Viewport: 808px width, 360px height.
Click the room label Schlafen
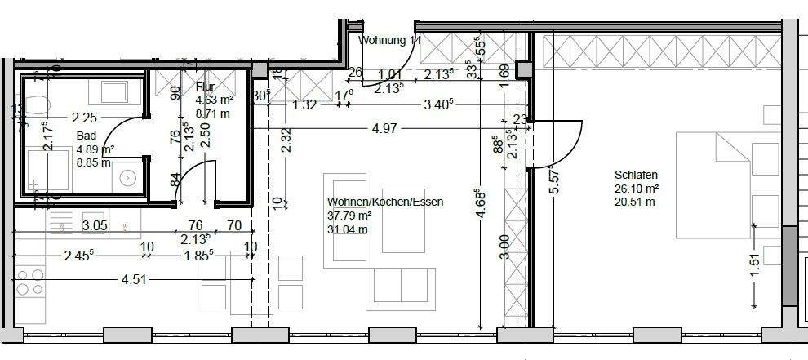pyautogui.click(x=636, y=175)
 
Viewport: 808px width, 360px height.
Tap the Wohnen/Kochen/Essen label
pyautogui.click(x=384, y=202)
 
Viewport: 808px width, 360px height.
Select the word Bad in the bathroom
pyautogui.click(x=87, y=136)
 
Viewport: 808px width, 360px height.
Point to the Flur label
pyautogui.click(x=205, y=88)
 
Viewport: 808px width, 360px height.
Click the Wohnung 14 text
pyautogui.click(x=390, y=40)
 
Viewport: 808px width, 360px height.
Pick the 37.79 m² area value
pyautogui.click(x=349, y=216)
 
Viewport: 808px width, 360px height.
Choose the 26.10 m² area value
pyautogui.click(x=637, y=189)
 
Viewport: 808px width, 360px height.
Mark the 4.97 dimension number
pyautogui.click(x=385, y=127)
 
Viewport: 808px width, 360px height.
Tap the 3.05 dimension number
pyautogui.click(x=95, y=226)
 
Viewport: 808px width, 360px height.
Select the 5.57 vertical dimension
pyautogui.click(x=555, y=177)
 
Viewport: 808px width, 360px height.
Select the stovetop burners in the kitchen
pyautogui.click(x=29, y=282)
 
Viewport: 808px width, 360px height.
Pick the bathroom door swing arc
pyautogui.click(x=121, y=135)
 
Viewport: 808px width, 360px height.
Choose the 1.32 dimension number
pyautogui.click(x=304, y=104)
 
